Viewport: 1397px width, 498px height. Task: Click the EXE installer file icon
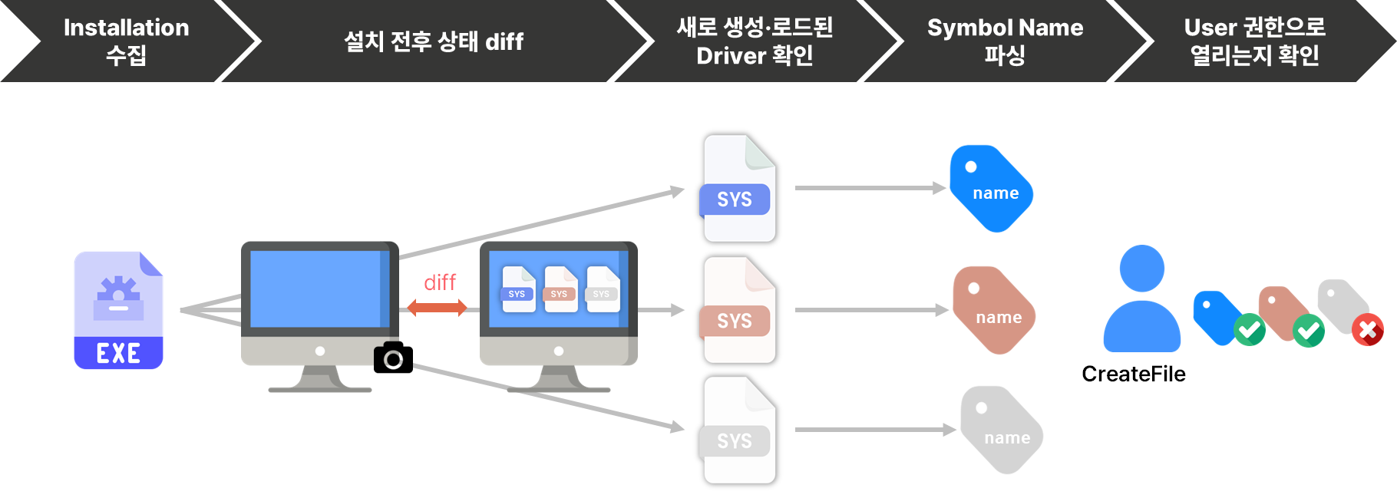coord(118,310)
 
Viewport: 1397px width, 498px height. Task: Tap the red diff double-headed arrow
coord(437,308)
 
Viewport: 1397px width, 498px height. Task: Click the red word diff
coord(440,282)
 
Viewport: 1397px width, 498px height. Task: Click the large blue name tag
coord(991,188)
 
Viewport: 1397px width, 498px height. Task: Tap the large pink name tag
coord(994,310)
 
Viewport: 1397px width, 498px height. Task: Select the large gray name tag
coord(1002,430)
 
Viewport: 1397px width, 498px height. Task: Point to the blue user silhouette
coord(1141,299)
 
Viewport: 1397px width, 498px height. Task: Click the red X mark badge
coord(1368,330)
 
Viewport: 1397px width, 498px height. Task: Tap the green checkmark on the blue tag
coord(1250,330)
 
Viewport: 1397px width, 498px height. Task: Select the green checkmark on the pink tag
coord(1309,331)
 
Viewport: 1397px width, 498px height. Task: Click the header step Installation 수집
coord(126,41)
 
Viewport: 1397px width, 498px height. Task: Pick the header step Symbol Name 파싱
coord(1004,41)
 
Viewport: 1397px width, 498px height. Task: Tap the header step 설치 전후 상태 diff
coord(433,41)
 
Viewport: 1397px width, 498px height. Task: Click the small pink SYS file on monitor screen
coord(560,289)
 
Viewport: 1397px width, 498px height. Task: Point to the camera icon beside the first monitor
coord(390,357)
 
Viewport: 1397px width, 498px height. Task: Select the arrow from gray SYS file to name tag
coord(875,430)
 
